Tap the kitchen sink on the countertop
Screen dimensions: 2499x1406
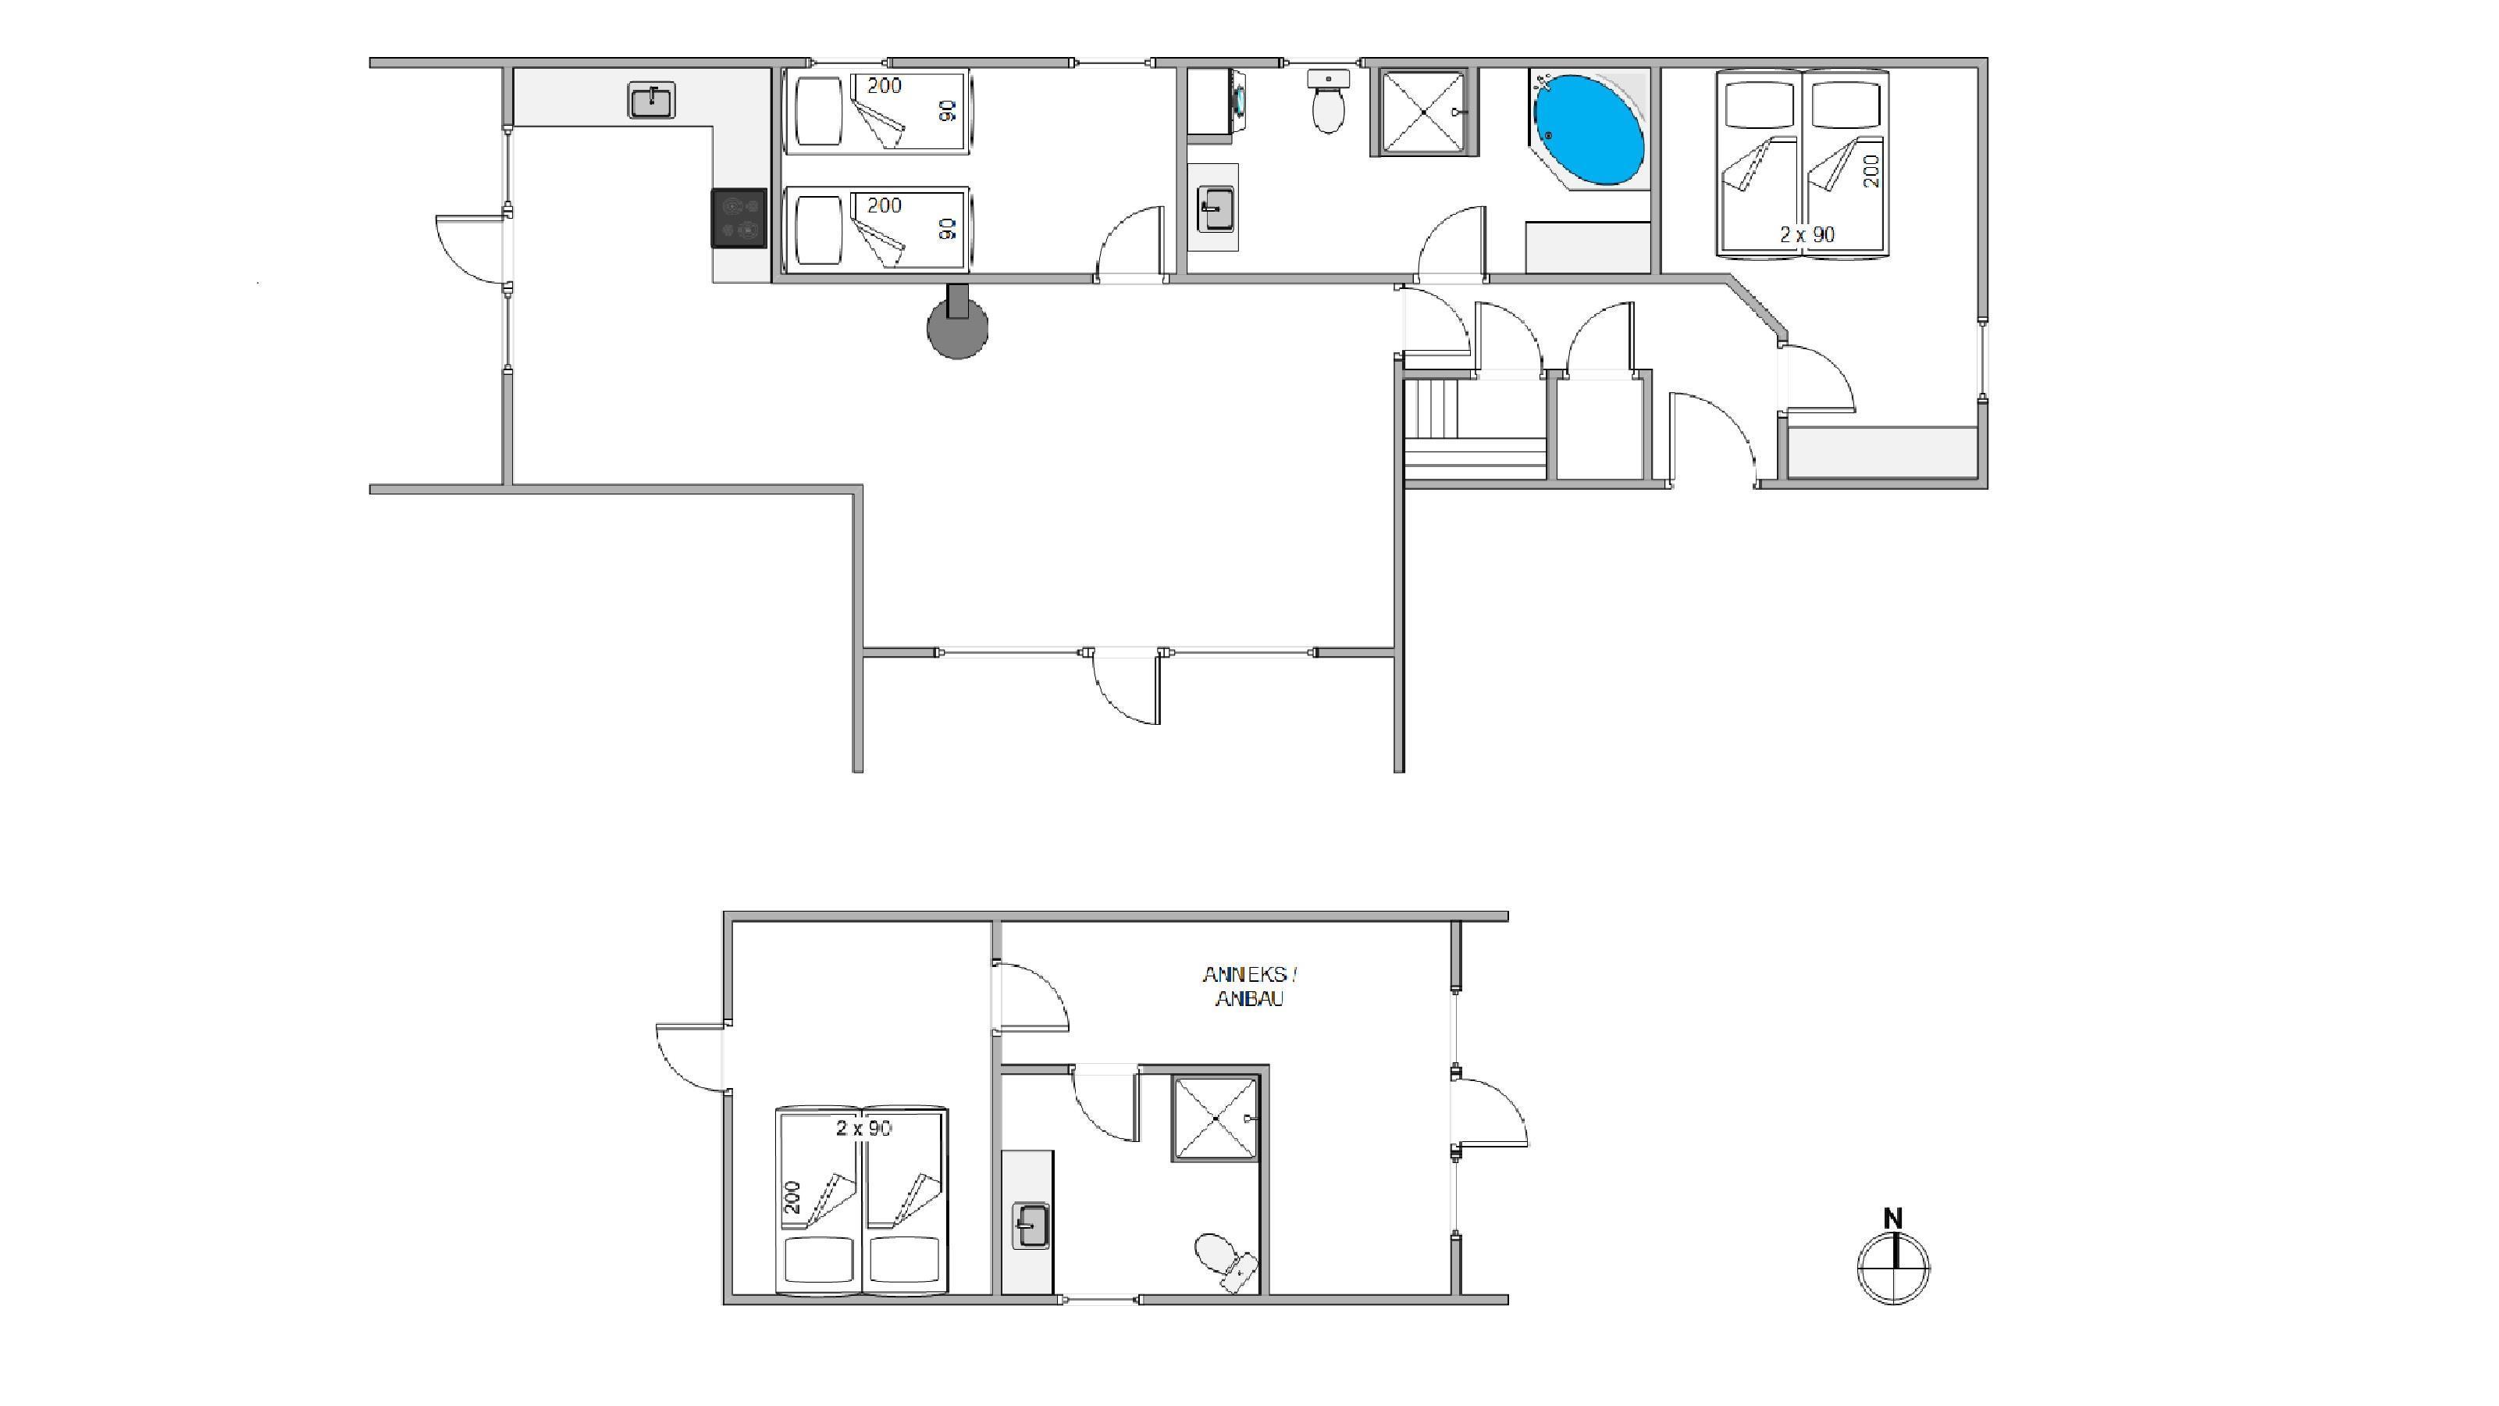point(652,101)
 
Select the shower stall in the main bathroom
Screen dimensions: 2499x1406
point(1423,112)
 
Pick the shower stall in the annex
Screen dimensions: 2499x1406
point(1216,1118)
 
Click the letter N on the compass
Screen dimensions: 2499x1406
point(1892,1218)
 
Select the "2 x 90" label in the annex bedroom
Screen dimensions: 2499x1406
point(863,1127)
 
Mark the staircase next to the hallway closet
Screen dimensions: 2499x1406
point(1475,428)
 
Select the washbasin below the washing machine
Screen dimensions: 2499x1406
point(1215,209)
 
